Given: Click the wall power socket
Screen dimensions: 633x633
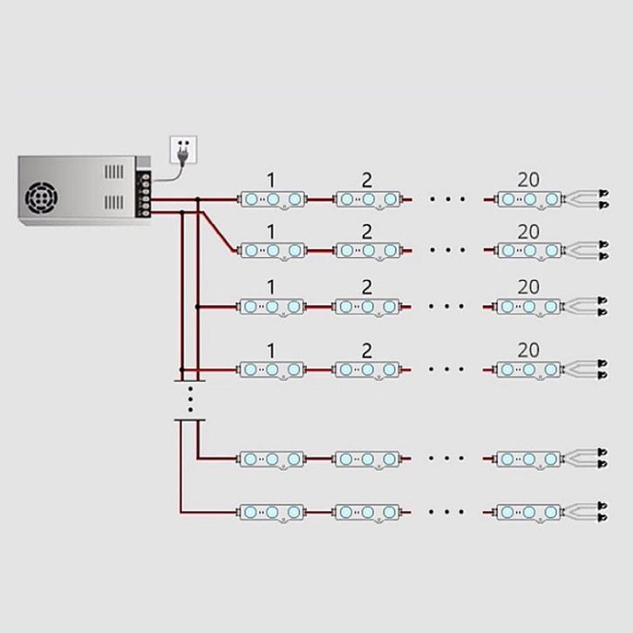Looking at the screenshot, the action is tap(184, 149).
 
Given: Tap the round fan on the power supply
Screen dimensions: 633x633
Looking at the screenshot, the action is tap(41, 198).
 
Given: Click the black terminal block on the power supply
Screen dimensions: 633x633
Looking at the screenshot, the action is tap(145, 194).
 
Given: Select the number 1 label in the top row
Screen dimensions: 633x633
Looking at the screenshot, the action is tap(271, 180).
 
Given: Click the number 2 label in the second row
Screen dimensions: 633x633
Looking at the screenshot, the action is tap(366, 232).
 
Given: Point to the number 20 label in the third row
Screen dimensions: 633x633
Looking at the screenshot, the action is tap(528, 287).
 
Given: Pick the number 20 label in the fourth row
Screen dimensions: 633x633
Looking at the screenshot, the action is tap(528, 350).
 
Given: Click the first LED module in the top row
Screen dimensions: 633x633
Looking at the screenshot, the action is tap(273, 200).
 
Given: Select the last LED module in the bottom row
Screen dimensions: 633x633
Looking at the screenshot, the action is tap(529, 513).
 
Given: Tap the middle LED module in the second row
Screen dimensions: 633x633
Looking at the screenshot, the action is tap(368, 251).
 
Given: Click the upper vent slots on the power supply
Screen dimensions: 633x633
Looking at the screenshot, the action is tap(114, 172).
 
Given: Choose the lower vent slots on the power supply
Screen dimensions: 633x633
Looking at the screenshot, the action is tap(114, 202).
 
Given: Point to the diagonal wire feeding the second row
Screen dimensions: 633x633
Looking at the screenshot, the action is tap(218, 231).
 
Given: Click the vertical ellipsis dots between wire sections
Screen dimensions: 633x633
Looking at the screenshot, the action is tap(190, 399).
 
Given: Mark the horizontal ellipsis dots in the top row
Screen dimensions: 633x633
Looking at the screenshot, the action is tap(447, 199).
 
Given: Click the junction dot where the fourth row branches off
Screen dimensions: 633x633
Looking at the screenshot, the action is tap(181, 370).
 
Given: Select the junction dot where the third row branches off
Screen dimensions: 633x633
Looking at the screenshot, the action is tap(197, 307).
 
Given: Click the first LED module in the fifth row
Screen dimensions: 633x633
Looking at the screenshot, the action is tap(272, 459).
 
